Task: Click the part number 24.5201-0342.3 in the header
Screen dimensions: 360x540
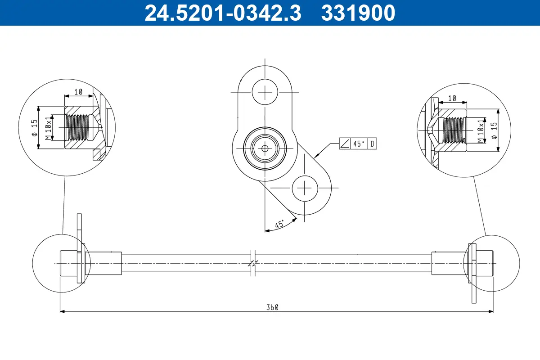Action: (222, 13)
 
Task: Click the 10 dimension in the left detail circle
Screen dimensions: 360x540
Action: (78, 92)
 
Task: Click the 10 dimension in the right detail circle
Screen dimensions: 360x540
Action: (452, 98)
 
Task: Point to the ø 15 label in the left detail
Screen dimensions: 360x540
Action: (35, 129)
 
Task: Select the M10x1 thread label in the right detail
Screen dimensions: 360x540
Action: (481, 130)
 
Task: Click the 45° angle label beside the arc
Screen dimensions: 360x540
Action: (279, 224)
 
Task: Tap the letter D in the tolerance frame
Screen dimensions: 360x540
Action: (373, 144)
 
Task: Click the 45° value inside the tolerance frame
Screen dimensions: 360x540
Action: (359, 144)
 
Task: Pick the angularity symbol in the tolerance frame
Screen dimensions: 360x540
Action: (345, 144)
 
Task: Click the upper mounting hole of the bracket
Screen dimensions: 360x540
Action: (265, 92)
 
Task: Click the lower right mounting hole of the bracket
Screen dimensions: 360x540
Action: (306, 188)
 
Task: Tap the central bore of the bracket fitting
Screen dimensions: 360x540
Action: (265, 148)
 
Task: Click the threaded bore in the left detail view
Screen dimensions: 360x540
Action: (79, 127)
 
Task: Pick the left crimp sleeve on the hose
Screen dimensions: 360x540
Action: (103, 263)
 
